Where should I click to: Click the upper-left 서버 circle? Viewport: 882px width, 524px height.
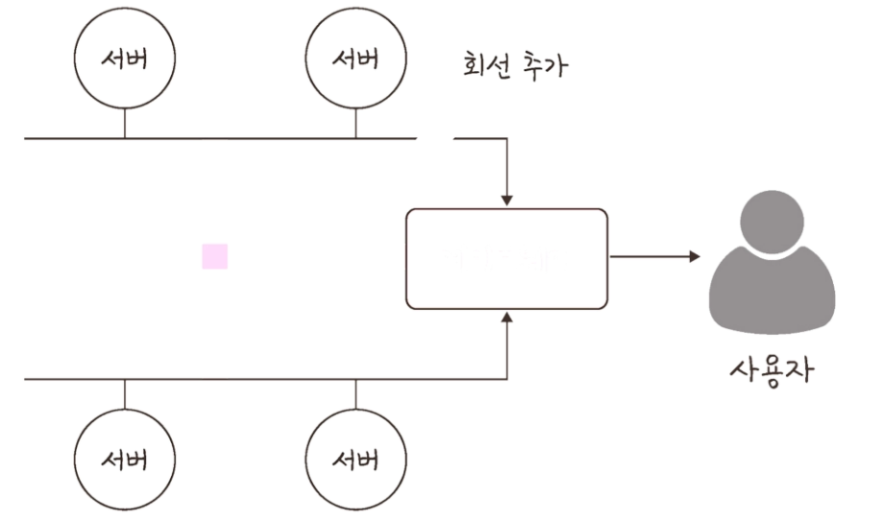(x=125, y=59)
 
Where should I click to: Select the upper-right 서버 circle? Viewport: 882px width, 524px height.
(x=355, y=59)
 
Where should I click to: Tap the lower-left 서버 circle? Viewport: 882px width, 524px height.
(x=125, y=459)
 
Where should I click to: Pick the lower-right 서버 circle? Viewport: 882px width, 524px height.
(x=355, y=459)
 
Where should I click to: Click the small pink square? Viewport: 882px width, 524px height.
(x=215, y=256)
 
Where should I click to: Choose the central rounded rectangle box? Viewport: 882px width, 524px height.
(x=506, y=258)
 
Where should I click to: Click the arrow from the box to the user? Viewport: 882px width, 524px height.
(x=653, y=257)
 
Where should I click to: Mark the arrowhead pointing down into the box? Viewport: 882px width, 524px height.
(x=507, y=199)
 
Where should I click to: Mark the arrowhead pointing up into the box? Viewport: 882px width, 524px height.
(x=507, y=317)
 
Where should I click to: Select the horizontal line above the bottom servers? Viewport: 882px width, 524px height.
(x=240, y=378)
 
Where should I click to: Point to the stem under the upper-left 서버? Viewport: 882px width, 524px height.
(x=125, y=124)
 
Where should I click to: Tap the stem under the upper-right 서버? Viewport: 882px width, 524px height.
(x=355, y=124)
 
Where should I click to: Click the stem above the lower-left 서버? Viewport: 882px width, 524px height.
(x=125, y=393)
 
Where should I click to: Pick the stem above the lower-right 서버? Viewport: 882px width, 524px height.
(x=355, y=393)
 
